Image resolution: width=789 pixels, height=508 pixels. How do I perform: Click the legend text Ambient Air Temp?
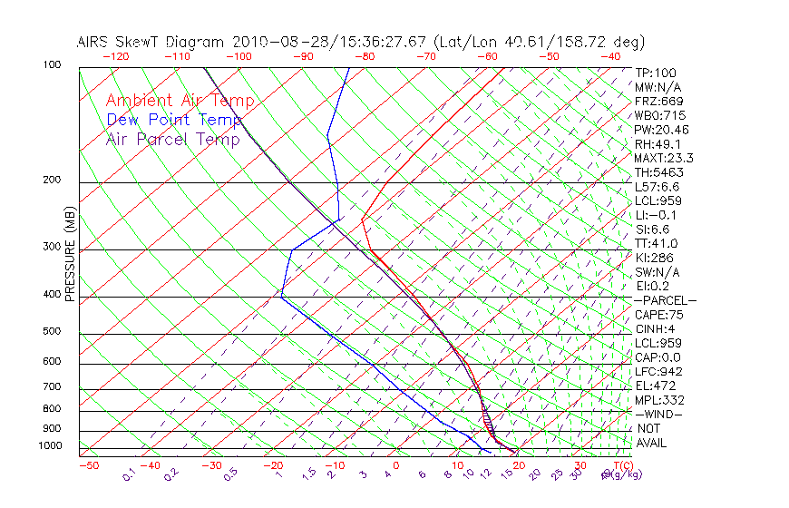coord(180,101)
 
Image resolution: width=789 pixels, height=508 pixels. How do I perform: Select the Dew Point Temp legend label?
coord(174,120)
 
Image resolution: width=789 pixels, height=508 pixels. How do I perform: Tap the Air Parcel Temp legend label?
coord(172,139)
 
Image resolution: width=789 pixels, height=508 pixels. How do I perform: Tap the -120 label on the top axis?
coord(115,55)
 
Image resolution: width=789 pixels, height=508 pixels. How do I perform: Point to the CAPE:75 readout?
coord(658,315)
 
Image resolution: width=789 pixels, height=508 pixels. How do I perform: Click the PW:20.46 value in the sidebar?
coord(661,130)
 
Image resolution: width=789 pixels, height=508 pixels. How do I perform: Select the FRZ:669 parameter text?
coord(658,101)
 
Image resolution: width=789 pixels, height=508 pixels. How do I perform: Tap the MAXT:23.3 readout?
coord(663,158)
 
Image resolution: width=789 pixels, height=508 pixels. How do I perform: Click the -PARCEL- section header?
coord(665,300)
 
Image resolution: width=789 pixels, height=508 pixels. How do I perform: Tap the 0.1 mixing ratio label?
coord(128,475)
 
